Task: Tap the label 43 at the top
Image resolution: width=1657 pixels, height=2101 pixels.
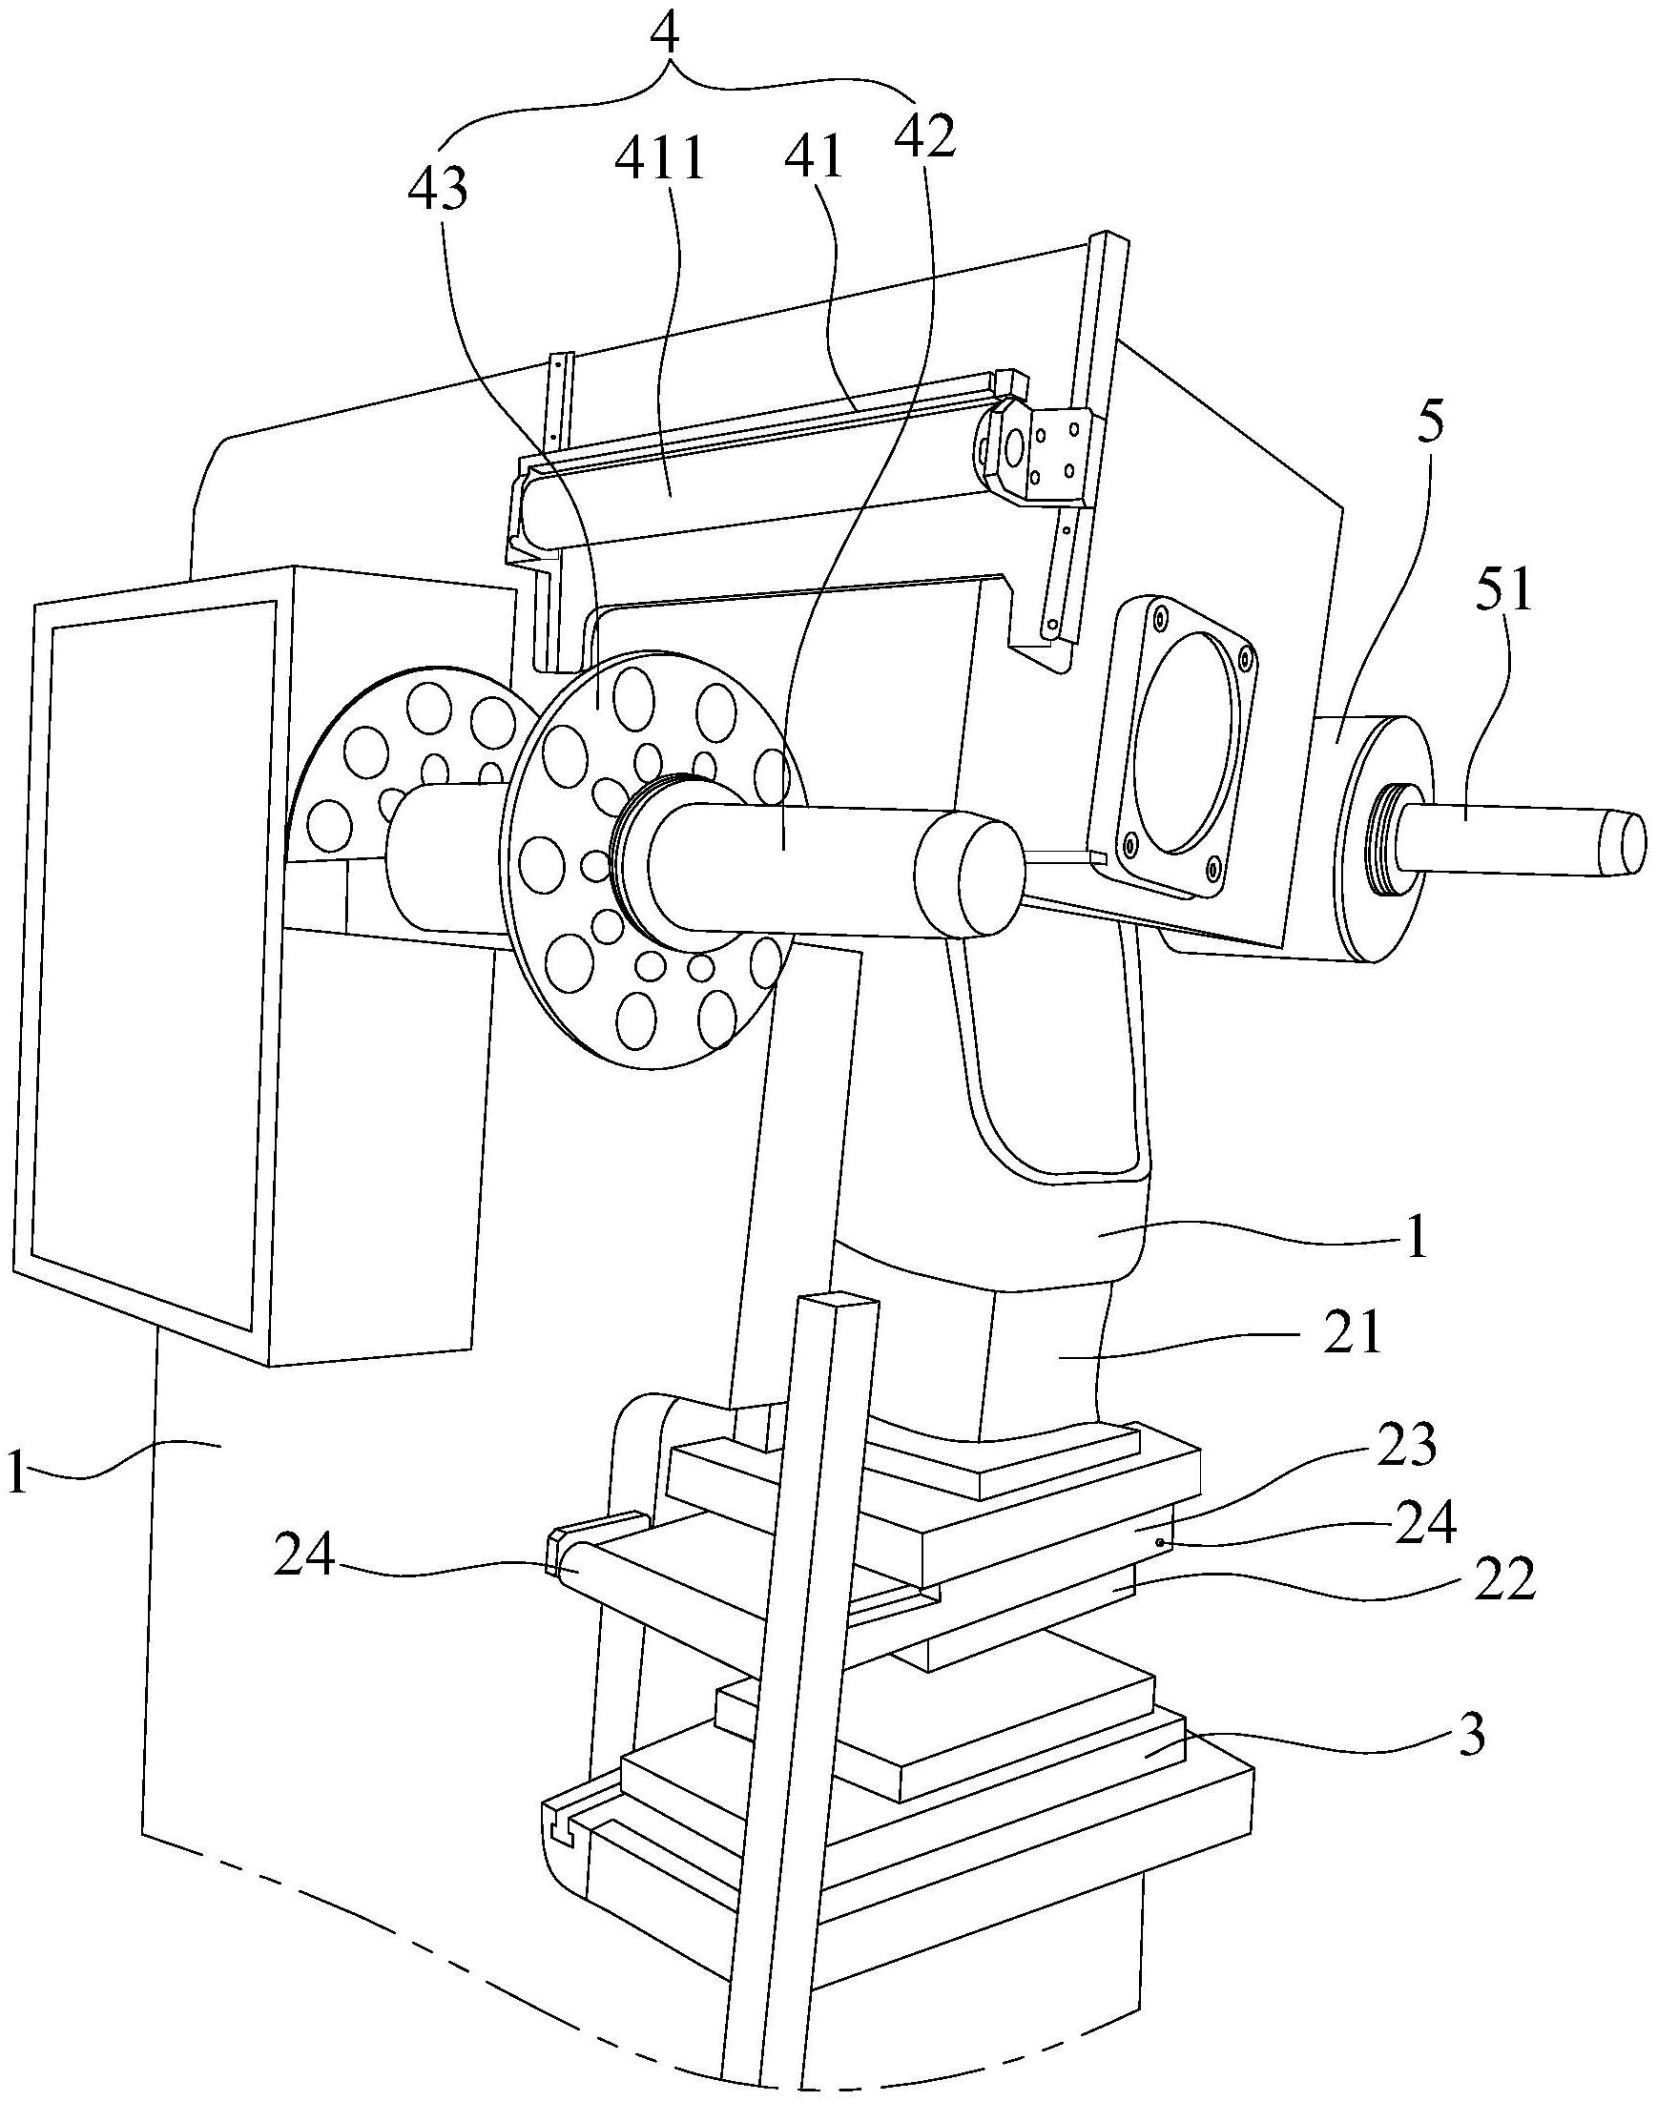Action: [x=437, y=190]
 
